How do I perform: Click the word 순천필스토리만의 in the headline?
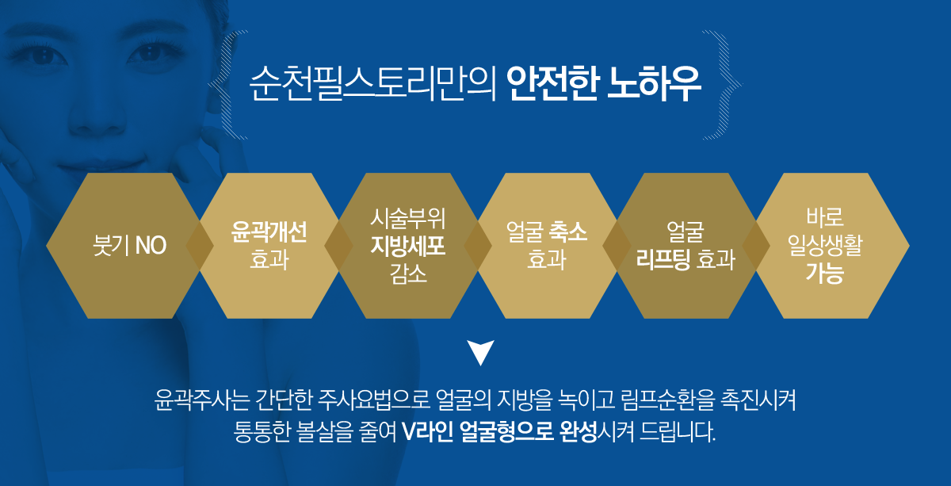point(372,83)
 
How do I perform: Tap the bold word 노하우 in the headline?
point(655,83)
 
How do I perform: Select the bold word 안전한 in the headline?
point(553,83)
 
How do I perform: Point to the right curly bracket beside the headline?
point(723,85)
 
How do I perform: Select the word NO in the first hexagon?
point(151,246)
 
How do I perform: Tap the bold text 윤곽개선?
point(269,232)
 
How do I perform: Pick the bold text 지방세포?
point(408,246)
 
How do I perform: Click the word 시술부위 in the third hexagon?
point(408,218)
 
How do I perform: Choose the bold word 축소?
point(568,232)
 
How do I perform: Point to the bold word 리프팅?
point(663,259)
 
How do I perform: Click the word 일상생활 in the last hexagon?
point(825,246)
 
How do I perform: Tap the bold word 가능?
point(825,274)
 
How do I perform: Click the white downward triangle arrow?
point(480,351)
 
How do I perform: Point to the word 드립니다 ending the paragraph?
point(678,431)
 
